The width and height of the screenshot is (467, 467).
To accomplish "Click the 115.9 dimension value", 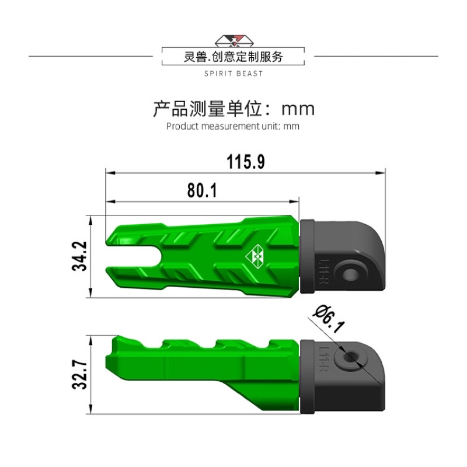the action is [x=246, y=162].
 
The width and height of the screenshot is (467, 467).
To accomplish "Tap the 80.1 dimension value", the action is [x=202, y=190].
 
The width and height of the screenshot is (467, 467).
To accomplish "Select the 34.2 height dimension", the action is [x=79, y=256].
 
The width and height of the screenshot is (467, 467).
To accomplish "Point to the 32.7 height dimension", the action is [x=79, y=374].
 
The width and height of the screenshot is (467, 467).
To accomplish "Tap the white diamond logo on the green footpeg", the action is [x=255, y=256].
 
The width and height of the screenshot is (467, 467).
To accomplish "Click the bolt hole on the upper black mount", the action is [x=350, y=273].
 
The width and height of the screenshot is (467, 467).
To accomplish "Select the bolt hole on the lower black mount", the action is [x=351, y=356].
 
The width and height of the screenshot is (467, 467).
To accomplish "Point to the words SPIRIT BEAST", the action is [x=233, y=74].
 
